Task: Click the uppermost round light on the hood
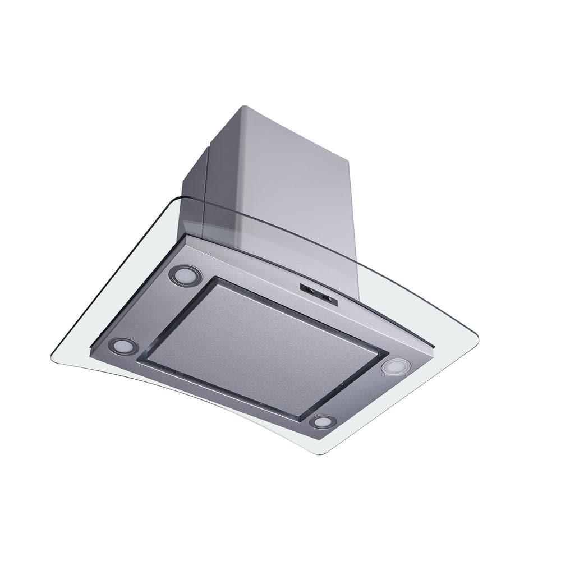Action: [x=186, y=275]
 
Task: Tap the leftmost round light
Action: [x=123, y=346]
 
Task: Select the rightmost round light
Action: [x=396, y=367]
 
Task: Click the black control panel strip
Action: [x=319, y=294]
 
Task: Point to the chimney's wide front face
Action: [x=292, y=185]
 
